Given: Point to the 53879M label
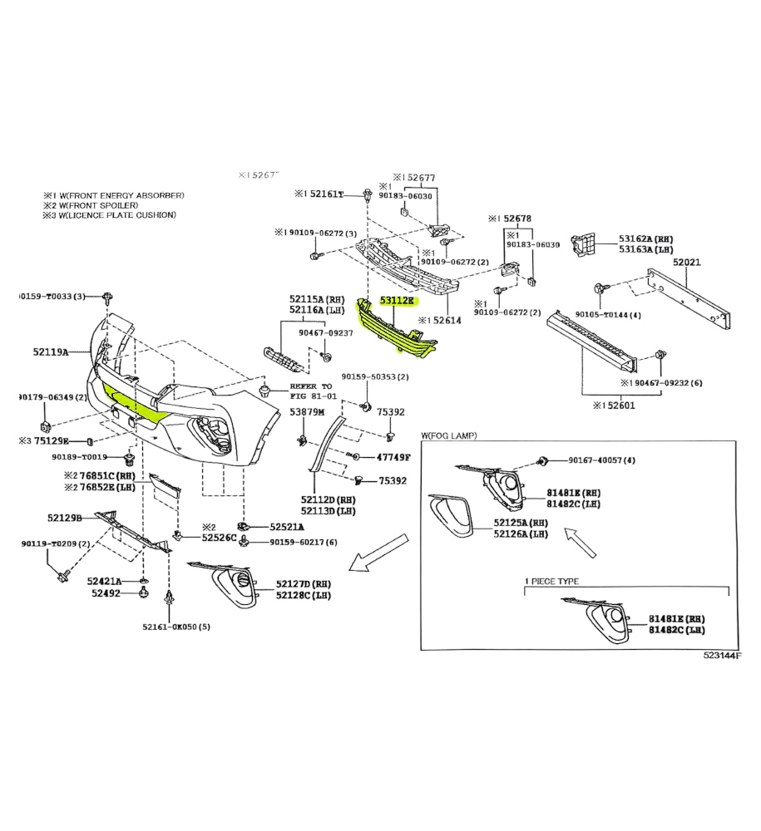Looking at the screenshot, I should [307, 412].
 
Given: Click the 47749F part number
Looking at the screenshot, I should [393, 457].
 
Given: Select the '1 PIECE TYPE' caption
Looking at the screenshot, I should [552, 582].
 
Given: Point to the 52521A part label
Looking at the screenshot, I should [287, 527].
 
